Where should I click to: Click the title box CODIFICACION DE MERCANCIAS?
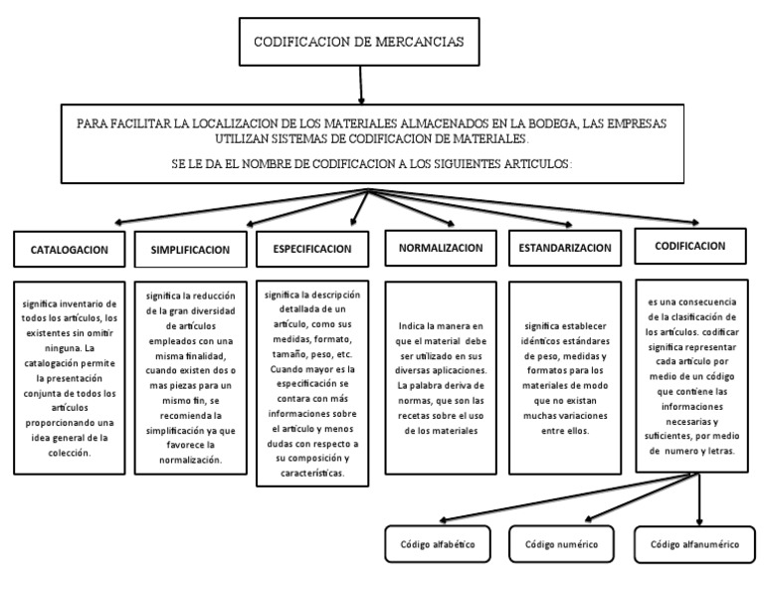(x=361, y=43)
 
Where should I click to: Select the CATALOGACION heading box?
(x=70, y=249)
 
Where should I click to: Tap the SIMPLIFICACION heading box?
(x=190, y=250)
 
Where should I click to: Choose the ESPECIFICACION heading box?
(x=311, y=249)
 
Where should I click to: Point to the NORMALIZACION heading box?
(x=441, y=247)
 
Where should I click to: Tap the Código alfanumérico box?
(x=695, y=545)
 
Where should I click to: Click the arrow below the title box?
(x=361, y=88)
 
